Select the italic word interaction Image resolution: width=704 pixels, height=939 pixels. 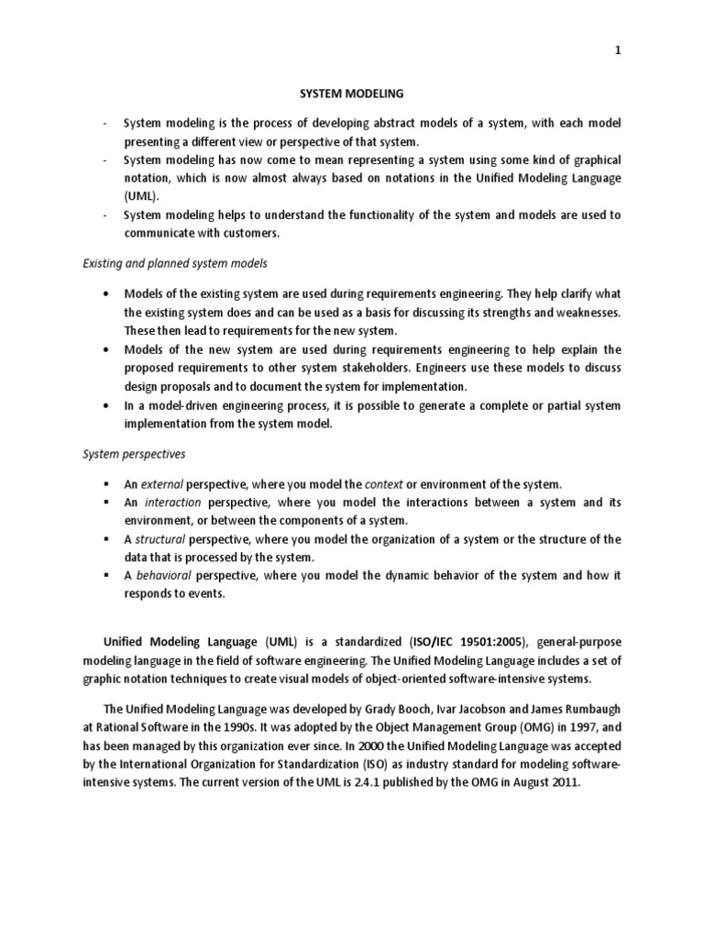172,503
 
